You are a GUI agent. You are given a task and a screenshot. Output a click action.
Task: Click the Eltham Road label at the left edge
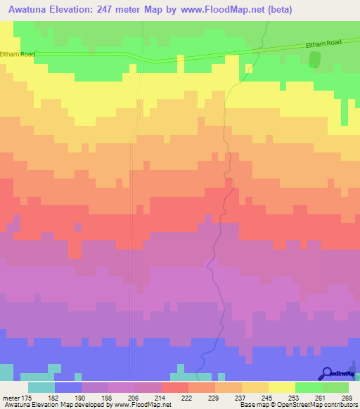pyautogui.click(x=18, y=53)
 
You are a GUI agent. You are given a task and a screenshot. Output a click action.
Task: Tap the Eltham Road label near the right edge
pyautogui.click(x=323, y=44)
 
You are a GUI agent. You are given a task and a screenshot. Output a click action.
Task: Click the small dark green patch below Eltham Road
pyautogui.click(x=314, y=60)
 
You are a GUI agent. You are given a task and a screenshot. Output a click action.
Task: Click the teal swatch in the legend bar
pyautogui.click(x=41, y=387)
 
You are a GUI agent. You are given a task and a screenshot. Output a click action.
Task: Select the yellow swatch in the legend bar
pyautogui.click(x=281, y=387)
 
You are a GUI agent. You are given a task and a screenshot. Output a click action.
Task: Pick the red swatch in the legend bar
pyautogui.click(x=174, y=387)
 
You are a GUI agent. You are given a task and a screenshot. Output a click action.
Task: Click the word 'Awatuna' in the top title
pyautogui.click(x=29, y=9)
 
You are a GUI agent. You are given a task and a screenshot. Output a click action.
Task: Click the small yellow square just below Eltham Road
pyautogui.click(x=248, y=68)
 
